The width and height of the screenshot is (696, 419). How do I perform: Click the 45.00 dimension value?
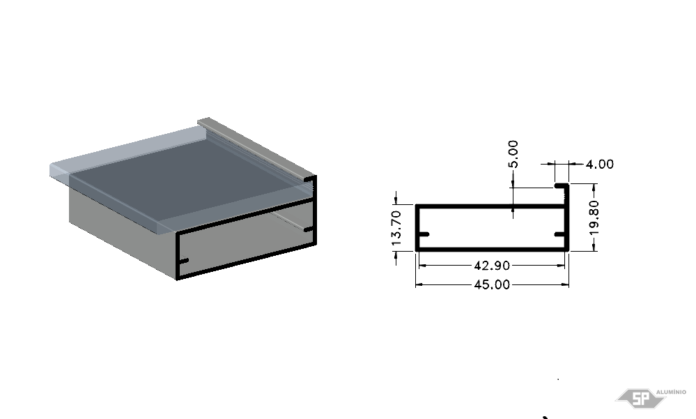492,284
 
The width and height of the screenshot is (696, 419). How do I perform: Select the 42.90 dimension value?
492,265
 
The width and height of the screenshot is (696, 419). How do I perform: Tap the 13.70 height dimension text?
396,228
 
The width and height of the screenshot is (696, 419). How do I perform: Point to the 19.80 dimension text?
594,218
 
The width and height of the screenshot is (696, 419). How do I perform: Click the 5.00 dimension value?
513,154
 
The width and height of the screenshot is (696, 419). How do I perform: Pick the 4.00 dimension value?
600,164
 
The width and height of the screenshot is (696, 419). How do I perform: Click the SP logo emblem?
640,398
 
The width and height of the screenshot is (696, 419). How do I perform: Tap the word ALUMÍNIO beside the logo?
671,392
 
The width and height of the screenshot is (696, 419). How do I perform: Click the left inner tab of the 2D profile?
424,234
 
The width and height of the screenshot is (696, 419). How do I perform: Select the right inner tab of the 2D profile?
560,234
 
